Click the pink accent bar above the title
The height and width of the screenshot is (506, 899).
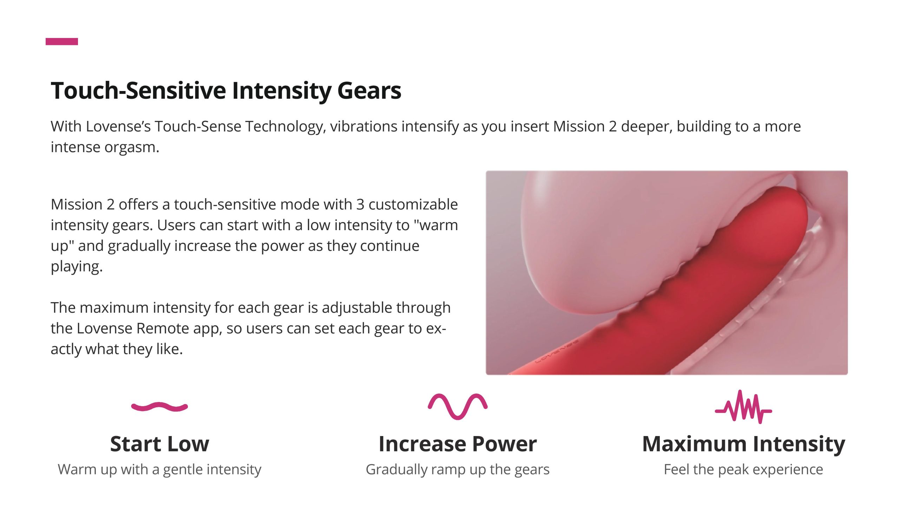62,41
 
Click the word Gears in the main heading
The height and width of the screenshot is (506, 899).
369,91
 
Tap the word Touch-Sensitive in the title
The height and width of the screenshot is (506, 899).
139,91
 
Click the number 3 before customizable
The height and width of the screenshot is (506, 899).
360,205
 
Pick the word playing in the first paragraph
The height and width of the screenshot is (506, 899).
77,267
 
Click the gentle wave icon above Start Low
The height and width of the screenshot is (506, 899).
159,407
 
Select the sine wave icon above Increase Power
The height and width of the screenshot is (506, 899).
458,407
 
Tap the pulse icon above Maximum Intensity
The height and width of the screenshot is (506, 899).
743,407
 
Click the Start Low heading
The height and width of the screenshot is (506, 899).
159,444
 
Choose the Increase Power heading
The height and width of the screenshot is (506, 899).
458,444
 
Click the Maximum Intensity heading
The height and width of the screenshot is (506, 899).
743,445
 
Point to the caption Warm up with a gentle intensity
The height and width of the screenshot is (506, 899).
159,470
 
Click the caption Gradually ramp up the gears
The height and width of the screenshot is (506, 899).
458,470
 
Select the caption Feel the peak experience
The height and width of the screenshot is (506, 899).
743,470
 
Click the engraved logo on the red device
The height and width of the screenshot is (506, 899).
557,351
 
